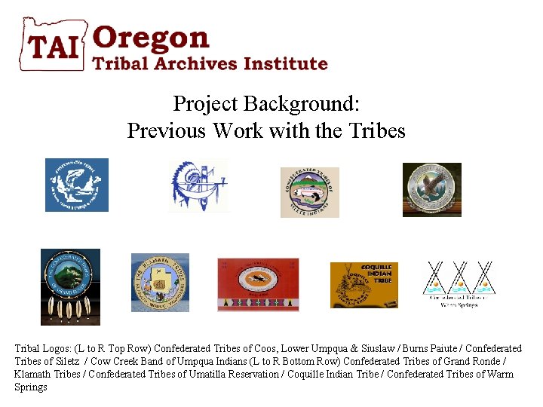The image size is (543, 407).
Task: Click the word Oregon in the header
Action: [151, 38]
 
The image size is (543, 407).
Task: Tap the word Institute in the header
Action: [290, 64]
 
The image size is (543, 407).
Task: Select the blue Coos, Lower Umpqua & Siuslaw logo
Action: [77, 185]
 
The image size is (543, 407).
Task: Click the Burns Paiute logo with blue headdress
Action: [198, 185]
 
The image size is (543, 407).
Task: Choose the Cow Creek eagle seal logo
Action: [431, 190]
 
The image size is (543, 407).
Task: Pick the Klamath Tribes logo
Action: [160, 283]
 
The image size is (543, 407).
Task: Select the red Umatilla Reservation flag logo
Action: [258, 284]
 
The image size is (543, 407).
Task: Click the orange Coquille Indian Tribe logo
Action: [364, 285]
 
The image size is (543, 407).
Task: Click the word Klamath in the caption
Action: [31, 374]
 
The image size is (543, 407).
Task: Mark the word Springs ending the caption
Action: [31, 387]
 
